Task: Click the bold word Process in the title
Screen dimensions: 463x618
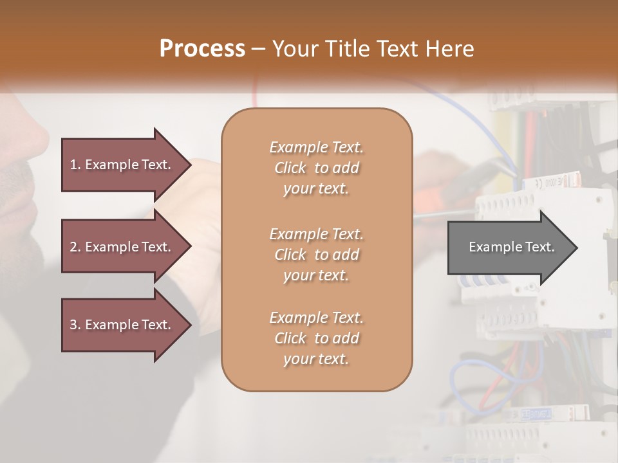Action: click(202, 48)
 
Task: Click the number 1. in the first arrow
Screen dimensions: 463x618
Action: click(75, 165)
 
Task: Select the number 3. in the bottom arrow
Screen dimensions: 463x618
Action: click(75, 325)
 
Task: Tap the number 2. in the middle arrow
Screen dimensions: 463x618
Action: click(75, 247)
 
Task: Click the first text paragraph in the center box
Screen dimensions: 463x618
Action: click(316, 168)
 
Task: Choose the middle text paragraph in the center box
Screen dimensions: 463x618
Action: click(316, 255)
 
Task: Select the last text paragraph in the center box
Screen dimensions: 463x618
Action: click(316, 338)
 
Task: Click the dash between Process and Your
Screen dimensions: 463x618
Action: click(259, 49)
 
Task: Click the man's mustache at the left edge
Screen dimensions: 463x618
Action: click(16, 174)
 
